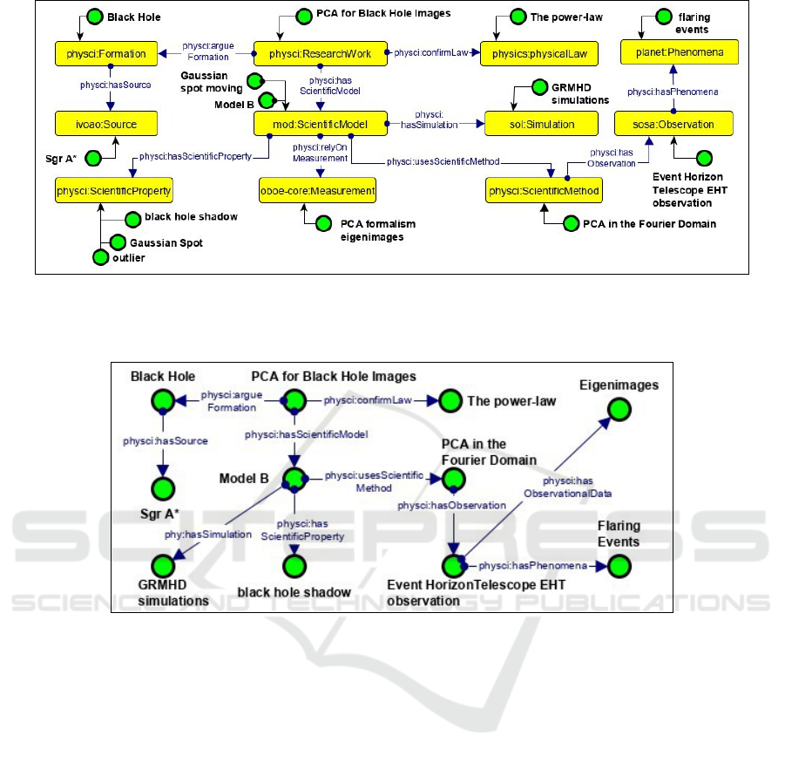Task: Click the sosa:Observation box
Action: pos(674,125)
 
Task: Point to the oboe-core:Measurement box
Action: pos(318,189)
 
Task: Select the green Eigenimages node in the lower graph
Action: pos(619,409)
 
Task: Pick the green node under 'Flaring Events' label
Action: pos(619,565)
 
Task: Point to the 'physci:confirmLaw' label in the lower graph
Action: pos(362,401)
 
